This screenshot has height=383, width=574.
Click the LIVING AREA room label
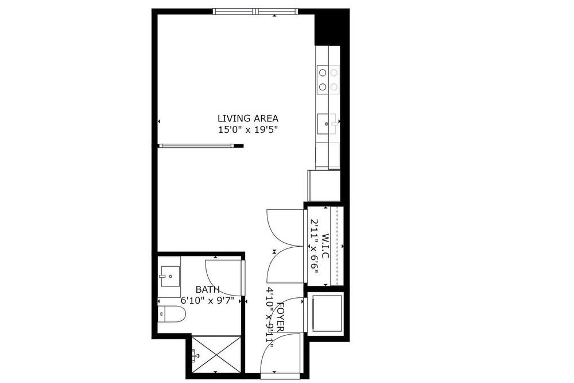[x=248, y=118]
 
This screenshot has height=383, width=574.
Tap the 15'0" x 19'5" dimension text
[x=248, y=130]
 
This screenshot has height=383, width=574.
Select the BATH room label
[x=208, y=289]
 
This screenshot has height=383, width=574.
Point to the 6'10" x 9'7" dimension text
[x=208, y=300]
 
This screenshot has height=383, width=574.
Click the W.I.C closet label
[x=325, y=246]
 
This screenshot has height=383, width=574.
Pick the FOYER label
[x=281, y=317]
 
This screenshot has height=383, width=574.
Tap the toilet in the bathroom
[x=172, y=314]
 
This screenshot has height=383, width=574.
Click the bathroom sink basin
[x=169, y=277]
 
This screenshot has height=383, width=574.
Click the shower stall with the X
[x=216, y=354]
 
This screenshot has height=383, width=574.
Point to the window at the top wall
[x=255, y=11]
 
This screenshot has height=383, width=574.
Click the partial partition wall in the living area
[x=200, y=145]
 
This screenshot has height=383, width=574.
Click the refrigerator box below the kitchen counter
[x=324, y=185]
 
